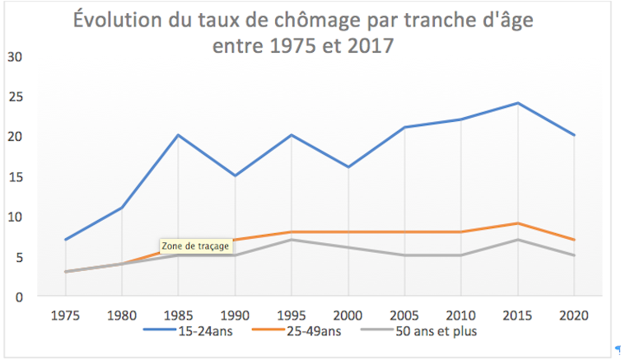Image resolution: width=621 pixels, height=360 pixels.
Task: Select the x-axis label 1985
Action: point(178,316)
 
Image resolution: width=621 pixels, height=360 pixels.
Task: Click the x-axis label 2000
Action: point(348,316)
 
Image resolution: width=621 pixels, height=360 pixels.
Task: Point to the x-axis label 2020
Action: point(574,316)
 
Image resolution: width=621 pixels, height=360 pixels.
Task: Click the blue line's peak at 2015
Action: point(517,103)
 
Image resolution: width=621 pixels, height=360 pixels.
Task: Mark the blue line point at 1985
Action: point(178,135)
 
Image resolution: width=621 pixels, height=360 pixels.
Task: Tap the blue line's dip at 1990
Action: point(235,175)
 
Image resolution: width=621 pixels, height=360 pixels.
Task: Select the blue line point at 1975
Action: point(65,240)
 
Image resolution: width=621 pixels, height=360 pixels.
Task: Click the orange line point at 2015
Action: point(517,223)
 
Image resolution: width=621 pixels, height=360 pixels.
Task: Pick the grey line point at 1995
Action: point(292,240)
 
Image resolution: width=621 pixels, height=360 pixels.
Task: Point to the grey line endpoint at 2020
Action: point(574,255)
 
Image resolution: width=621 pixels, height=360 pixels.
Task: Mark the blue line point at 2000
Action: point(348,167)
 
